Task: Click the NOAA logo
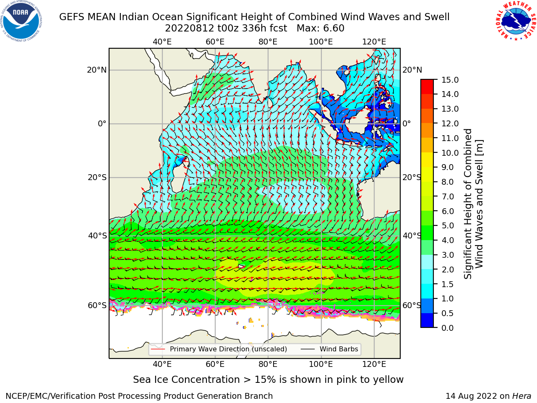21,21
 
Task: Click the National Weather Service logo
516,21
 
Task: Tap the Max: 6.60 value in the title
321,29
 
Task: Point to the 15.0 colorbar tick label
450,80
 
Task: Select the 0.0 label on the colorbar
447,328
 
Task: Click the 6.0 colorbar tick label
448,211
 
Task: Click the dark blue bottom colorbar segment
427,320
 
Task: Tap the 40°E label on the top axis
162,42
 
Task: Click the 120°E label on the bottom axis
374,364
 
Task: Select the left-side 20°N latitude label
97,70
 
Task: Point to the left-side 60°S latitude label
97,306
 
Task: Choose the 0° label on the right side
407,123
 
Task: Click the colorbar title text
474,204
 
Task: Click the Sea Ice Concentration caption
268,380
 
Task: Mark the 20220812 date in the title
190,29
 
